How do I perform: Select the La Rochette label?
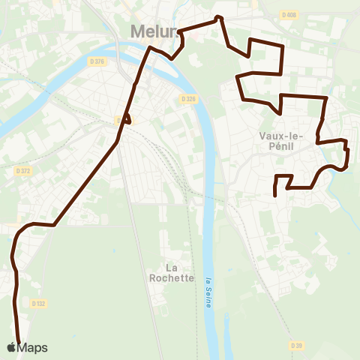(x=180, y=272)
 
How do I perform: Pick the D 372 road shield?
(x=23, y=171)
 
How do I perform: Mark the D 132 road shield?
(x=39, y=303)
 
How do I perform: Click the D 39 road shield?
(x=296, y=345)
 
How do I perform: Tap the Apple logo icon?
(x=11, y=347)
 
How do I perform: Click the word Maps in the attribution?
(x=32, y=347)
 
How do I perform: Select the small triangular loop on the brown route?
(x=127, y=118)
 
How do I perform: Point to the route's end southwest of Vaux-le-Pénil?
(x=276, y=193)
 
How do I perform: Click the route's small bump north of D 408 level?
(x=219, y=17)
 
